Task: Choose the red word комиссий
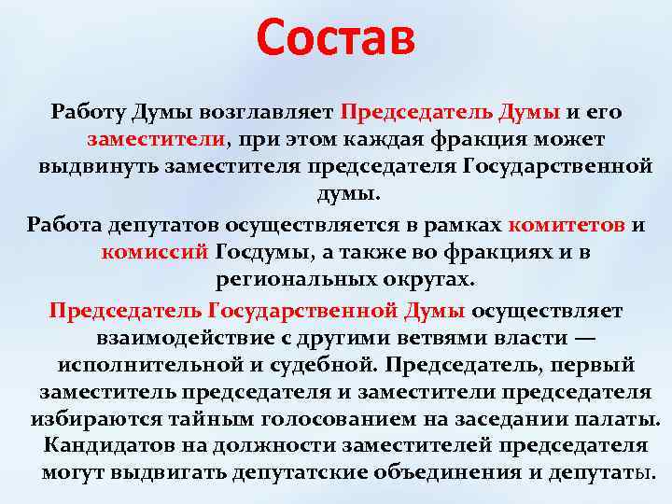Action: [x=155, y=253]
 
